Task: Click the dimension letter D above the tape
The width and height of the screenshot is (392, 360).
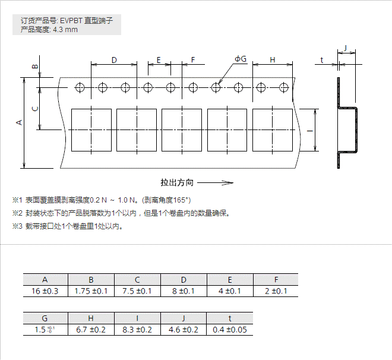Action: [x=114, y=59]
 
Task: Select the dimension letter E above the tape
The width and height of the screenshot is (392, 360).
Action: [x=159, y=59]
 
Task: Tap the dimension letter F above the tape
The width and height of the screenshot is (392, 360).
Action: [x=192, y=59]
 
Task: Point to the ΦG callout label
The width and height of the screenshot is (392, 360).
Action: [x=241, y=59]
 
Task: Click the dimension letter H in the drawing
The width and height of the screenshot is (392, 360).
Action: [x=273, y=59]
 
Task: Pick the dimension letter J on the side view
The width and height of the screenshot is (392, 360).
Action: [x=346, y=48]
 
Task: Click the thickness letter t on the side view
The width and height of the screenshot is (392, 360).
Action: [x=321, y=60]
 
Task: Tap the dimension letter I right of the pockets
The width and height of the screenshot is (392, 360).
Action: [x=310, y=131]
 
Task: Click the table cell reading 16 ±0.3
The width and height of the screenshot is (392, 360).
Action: [x=46, y=291]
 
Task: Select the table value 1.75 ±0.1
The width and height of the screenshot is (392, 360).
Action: [x=91, y=291]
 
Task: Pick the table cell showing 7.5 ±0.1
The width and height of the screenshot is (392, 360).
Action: [x=137, y=291]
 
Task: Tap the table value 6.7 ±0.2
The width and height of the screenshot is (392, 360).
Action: [x=91, y=330]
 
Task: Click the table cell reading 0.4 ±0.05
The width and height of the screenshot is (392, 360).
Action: [x=230, y=330]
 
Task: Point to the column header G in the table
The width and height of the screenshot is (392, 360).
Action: [x=45, y=318]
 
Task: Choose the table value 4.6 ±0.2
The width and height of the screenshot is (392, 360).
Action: [x=184, y=330]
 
